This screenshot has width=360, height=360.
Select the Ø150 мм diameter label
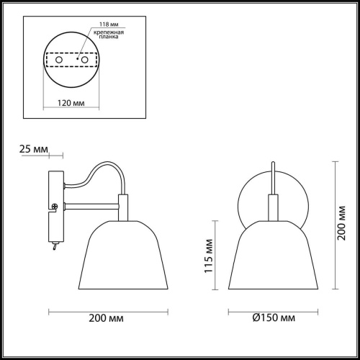pyautogui.click(x=273, y=318)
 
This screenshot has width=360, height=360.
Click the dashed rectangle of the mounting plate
pyautogui.click(x=72, y=59)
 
